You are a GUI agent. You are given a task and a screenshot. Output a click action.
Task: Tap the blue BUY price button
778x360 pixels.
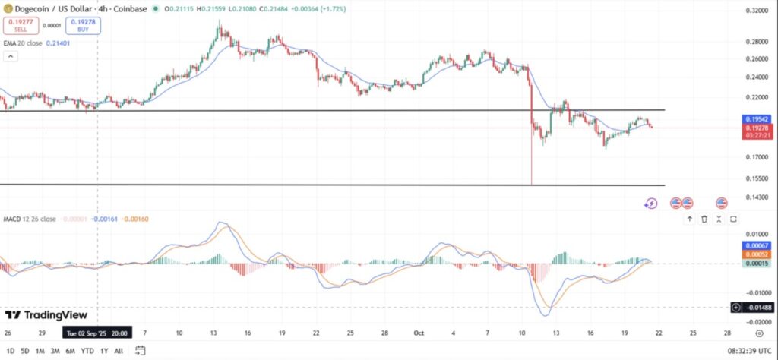83,26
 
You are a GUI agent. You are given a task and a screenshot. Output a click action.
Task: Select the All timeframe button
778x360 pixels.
119,351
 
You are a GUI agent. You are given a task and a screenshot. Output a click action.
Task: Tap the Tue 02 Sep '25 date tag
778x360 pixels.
96,333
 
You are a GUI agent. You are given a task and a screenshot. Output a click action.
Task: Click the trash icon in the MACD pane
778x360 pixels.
704,219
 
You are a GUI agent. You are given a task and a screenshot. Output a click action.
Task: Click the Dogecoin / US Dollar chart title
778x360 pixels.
65,9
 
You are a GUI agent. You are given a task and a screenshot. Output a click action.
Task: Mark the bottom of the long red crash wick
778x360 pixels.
532,185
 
